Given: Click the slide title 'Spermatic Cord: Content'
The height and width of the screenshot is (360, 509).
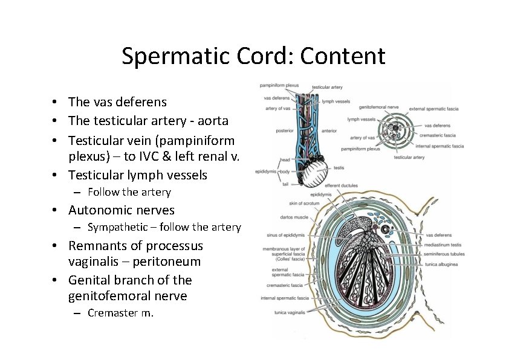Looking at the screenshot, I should click(x=253, y=56).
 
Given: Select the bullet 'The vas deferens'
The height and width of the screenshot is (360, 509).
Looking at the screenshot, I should click(x=117, y=101).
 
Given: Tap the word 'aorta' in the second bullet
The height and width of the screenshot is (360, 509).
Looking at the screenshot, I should click(x=212, y=121).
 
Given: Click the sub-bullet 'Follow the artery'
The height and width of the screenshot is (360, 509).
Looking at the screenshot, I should click(x=129, y=192).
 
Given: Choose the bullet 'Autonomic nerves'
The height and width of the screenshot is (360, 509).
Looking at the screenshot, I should click(x=121, y=210).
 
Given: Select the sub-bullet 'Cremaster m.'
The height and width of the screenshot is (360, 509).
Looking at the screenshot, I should click(x=120, y=312).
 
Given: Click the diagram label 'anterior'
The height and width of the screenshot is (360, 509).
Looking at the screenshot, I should click(x=330, y=130).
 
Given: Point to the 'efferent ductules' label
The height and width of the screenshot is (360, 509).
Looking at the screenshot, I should click(x=341, y=185).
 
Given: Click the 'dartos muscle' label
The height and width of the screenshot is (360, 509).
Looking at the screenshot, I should click(x=294, y=217).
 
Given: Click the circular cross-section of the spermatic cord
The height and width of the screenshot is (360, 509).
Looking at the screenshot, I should click(x=395, y=129).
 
